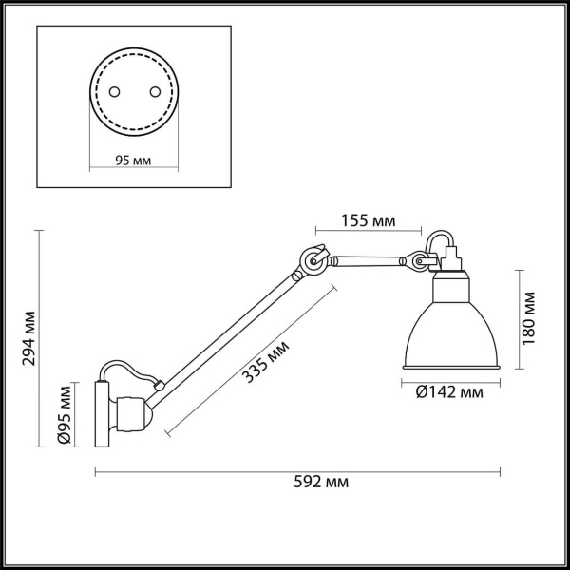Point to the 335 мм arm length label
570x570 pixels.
(265, 362)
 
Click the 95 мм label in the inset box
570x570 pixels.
(134, 160)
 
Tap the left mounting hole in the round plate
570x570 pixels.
(115, 92)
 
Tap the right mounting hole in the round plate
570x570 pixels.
(153, 92)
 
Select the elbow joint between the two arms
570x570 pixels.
(311, 261)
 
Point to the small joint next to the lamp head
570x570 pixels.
(414, 258)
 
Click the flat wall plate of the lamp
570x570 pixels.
(100, 413)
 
